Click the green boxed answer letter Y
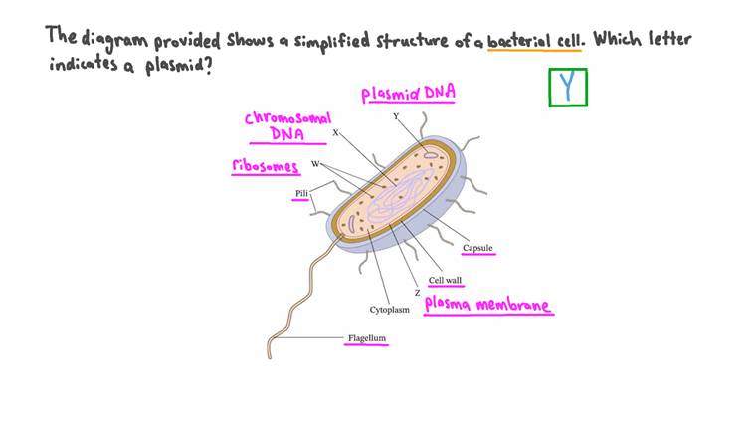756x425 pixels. [568, 87]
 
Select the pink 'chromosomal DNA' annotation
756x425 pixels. [288, 126]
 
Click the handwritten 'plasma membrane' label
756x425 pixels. [487, 305]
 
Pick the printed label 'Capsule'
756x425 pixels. [477, 248]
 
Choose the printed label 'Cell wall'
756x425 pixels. [445, 280]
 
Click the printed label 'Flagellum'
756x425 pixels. [366, 338]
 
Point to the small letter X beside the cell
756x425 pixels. [335, 131]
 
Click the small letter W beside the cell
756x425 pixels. [315, 163]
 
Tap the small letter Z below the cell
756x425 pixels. [417, 293]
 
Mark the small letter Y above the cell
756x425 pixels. [396, 116]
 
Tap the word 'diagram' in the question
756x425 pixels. [113, 40]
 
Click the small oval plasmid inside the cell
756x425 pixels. [429, 155]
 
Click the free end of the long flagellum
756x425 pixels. [269, 354]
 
